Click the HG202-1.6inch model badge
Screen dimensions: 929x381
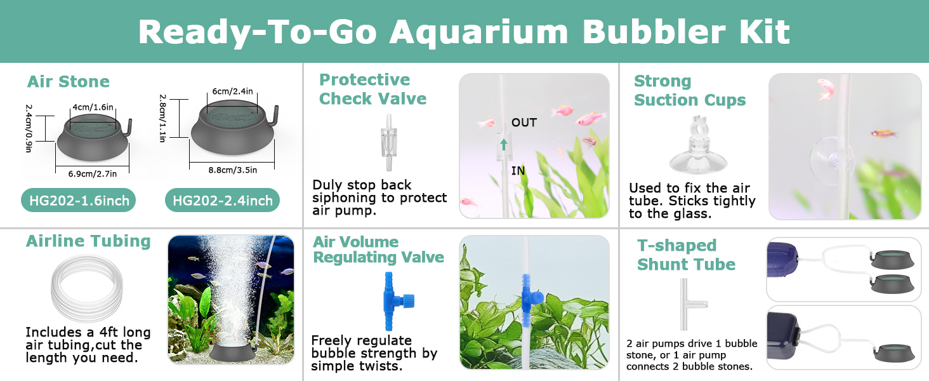[79, 201]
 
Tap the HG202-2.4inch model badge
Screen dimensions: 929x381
[222, 201]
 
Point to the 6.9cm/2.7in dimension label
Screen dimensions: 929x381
[93, 174]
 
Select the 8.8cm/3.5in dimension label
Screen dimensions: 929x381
[233, 170]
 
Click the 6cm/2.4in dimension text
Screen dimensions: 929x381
[233, 91]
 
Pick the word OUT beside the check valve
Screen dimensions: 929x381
[524, 123]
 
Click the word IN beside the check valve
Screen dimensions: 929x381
[518, 171]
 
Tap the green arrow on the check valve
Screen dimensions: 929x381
[504, 144]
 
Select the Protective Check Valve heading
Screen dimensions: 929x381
[373, 90]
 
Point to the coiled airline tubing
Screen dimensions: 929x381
[87, 288]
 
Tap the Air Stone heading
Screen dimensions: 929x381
[69, 81]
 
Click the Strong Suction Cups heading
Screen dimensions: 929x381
[690, 90]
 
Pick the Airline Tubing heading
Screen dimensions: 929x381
[88, 241]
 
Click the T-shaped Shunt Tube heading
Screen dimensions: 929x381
[686, 255]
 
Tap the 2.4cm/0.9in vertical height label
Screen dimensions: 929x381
[29, 128]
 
